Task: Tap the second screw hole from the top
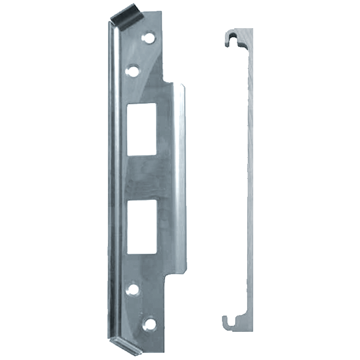pos(133,71)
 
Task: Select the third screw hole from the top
pos(133,289)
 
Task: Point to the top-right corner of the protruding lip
pos(184,85)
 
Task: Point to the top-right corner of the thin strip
pos(253,29)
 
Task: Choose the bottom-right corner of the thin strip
pos(253,330)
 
